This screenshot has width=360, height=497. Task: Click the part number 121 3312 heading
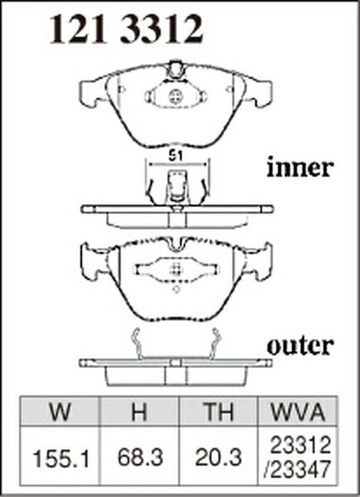125,29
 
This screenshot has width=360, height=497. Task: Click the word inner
299,167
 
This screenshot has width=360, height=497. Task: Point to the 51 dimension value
176,156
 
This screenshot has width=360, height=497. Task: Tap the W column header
61,411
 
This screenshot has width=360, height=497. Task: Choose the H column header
139,411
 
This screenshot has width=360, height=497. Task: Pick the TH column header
219,411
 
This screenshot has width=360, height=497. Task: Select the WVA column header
298,411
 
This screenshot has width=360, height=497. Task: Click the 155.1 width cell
61,459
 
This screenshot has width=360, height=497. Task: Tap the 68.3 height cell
139,457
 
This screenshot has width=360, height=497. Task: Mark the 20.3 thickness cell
218,457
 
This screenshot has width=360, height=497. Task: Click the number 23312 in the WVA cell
300,445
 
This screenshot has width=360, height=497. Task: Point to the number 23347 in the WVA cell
297,468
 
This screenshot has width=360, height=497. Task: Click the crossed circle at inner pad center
175,96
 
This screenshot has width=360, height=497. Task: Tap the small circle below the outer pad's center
177,289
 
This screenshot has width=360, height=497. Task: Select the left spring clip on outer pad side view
137,344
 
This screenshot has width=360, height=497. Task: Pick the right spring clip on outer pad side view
215,344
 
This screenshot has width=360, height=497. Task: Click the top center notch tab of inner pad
175,70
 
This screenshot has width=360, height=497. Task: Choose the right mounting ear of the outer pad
257,261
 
